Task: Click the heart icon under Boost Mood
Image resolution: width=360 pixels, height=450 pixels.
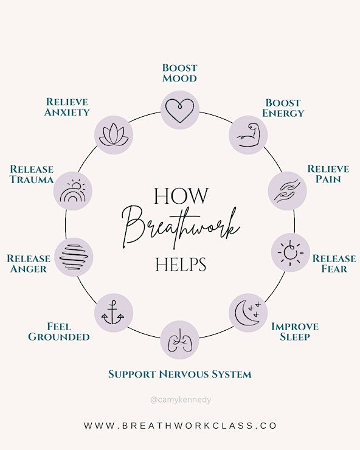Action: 180,111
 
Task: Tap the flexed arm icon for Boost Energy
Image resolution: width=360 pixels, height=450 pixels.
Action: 249,135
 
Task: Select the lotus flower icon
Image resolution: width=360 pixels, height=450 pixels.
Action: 114,135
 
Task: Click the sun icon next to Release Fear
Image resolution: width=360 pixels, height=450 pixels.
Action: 290,252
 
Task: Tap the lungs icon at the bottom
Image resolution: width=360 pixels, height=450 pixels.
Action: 180,341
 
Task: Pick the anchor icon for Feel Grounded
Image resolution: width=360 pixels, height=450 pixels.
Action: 113,313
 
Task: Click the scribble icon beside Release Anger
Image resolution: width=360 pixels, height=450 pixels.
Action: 74,257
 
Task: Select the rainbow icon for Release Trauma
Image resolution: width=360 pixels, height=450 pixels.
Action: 72,191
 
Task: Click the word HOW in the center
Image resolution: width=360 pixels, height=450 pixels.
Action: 181,196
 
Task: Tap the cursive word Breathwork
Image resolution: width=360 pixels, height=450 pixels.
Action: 181,227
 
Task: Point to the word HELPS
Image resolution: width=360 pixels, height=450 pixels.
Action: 181,265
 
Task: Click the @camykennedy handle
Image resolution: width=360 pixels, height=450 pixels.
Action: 181,400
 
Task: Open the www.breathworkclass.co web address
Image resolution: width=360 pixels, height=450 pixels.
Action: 181,425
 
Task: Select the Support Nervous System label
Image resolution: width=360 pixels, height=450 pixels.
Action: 180,374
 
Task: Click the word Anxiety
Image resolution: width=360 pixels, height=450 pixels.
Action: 67,112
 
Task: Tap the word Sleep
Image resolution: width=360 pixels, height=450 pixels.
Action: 295,337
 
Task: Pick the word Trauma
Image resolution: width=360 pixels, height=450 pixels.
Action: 32,179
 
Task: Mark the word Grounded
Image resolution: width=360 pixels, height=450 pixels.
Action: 59,337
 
